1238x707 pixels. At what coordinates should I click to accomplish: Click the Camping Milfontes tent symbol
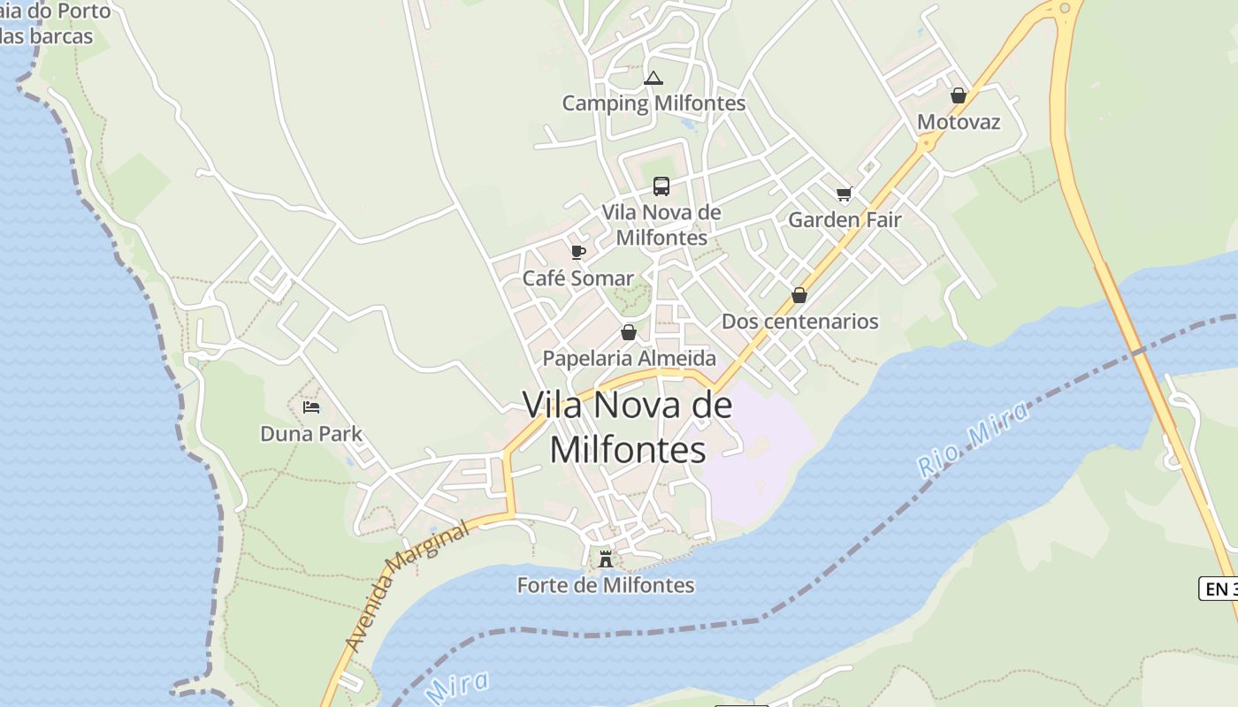653,79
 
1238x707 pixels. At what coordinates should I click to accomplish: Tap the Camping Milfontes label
654,103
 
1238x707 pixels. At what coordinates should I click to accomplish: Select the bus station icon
661,186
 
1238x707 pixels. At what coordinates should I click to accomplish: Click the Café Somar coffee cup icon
578,253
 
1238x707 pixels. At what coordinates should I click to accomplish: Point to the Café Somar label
578,278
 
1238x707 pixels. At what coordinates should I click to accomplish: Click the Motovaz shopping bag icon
959,95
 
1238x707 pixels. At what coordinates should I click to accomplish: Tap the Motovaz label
959,122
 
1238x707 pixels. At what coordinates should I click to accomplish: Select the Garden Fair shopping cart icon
844,194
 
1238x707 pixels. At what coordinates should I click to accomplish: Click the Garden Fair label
844,220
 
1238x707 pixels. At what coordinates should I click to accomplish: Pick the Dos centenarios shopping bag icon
799,295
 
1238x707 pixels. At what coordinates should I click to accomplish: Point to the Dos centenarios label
800,322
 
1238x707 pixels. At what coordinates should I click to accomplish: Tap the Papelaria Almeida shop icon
629,332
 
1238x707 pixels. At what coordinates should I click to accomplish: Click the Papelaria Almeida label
630,359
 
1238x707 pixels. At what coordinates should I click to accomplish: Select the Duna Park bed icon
311,407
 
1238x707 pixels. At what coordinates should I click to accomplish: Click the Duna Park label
311,434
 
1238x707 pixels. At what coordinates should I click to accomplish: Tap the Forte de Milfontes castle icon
606,559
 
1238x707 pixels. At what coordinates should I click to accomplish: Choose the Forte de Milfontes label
606,585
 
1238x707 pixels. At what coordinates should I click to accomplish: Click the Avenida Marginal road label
406,587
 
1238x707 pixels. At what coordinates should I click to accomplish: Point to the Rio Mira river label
974,439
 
